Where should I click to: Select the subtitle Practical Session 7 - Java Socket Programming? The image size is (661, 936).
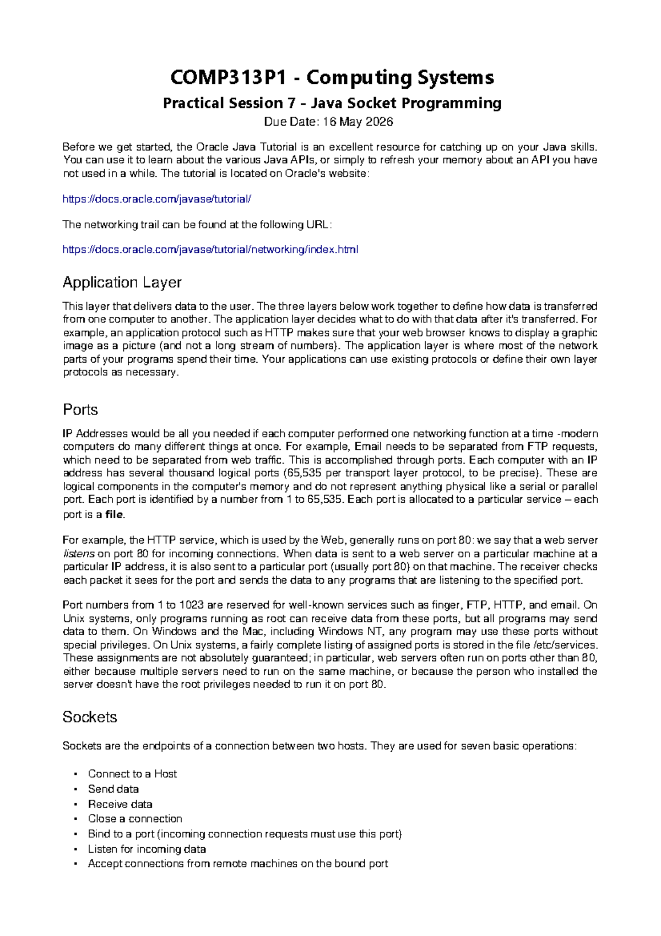pyautogui.click(x=332, y=103)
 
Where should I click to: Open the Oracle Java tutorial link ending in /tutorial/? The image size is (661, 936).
pyautogui.click(x=157, y=199)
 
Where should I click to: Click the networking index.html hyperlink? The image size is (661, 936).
pyautogui.click(x=210, y=250)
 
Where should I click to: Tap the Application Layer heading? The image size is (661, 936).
pyautogui.click(x=122, y=282)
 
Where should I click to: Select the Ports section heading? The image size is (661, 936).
pyautogui.click(x=80, y=410)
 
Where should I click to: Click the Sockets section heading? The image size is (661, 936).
pyautogui.click(x=90, y=717)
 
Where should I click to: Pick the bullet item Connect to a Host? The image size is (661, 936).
pyautogui.click(x=132, y=774)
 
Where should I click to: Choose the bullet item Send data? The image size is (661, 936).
pyautogui.click(x=113, y=789)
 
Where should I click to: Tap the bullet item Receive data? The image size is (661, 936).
pyautogui.click(x=120, y=804)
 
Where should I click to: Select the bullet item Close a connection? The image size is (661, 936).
pyautogui.click(x=135, y=819)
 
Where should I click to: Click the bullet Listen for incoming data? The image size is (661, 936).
pyautogui.click(x=147, y=849)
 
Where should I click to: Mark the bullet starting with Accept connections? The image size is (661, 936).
pyautogui.click(x=238, y=864)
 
